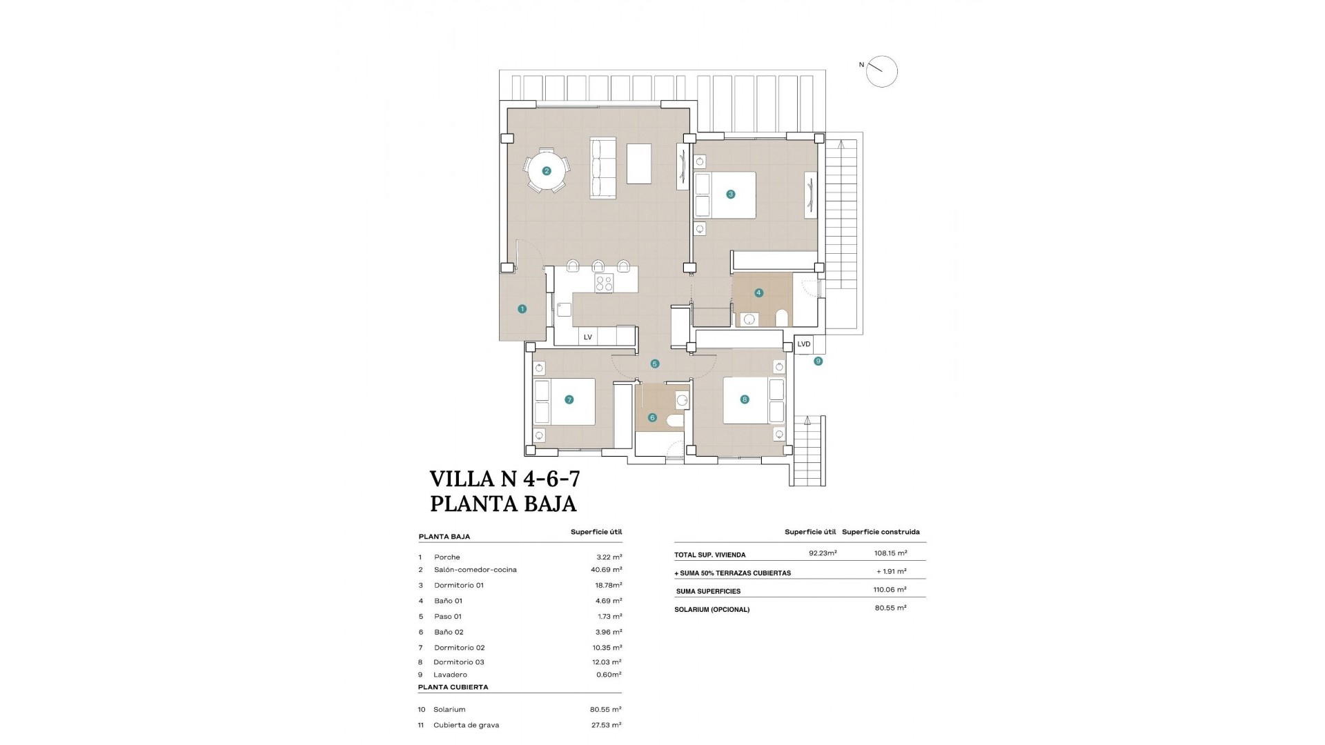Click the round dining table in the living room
pos(546,171)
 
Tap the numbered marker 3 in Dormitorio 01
pos(731,195)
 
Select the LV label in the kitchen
pos(588,337)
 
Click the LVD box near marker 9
pos(804,344)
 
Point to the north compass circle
pos(881,72)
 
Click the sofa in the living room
pos(602,169)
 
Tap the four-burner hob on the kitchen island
pos(604,283)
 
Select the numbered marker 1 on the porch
pos(522,309)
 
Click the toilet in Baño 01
pos(782,318)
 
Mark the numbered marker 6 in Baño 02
pos(652,417)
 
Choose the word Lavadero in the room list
pos(450,675)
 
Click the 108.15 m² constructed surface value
pos(890,553)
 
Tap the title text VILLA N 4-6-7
pos(504,478)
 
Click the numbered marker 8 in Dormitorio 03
pos(744,399)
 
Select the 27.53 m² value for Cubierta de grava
pos(607,725)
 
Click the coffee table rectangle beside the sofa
pos(639,163)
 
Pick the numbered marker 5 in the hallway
pos(655,364)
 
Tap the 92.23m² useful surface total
pos(823,553)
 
